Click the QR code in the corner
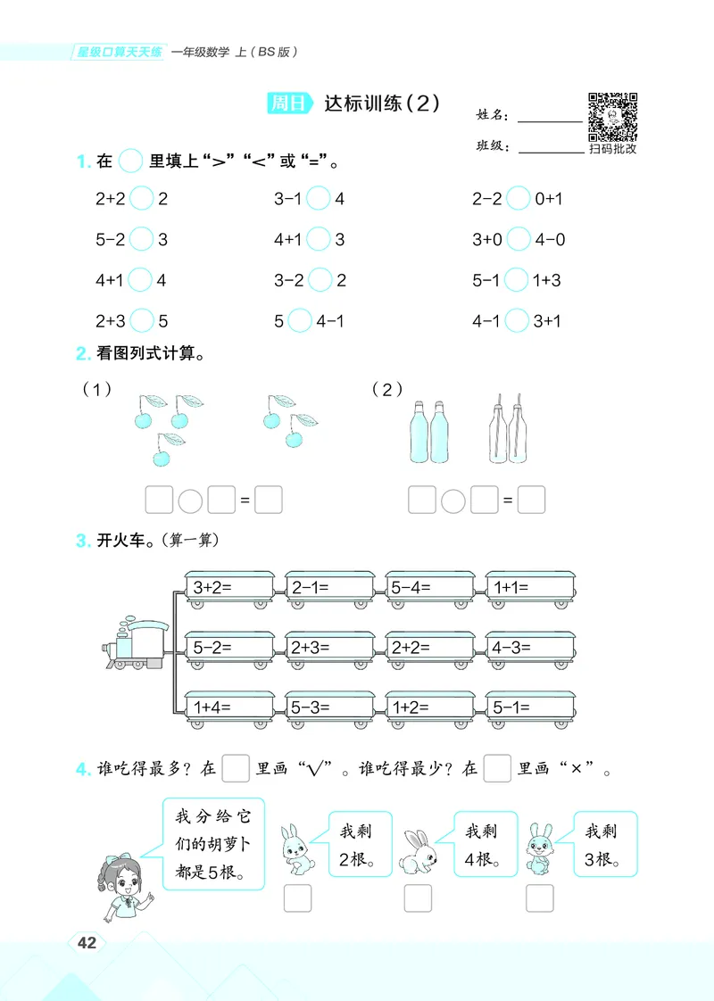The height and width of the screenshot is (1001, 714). (x=612, y=115)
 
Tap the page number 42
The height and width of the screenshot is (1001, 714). (x=87, y=943)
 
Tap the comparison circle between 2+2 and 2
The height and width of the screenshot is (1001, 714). (x=141, y=198)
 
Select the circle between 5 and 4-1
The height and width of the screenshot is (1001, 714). (x=300, y=320)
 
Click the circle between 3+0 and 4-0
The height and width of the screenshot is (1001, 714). (x=518, y=239)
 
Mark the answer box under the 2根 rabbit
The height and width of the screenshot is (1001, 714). (x=297, y=898)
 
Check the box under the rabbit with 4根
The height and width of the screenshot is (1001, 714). (x=418, y=898)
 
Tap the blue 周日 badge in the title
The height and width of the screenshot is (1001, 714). (x=289, y=103)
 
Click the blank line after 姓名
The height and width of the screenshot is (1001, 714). (x=549, y=120)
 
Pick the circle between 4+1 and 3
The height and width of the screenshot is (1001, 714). (x=319, y=239)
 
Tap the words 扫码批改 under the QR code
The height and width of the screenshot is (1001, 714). (x=613, y=149)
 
